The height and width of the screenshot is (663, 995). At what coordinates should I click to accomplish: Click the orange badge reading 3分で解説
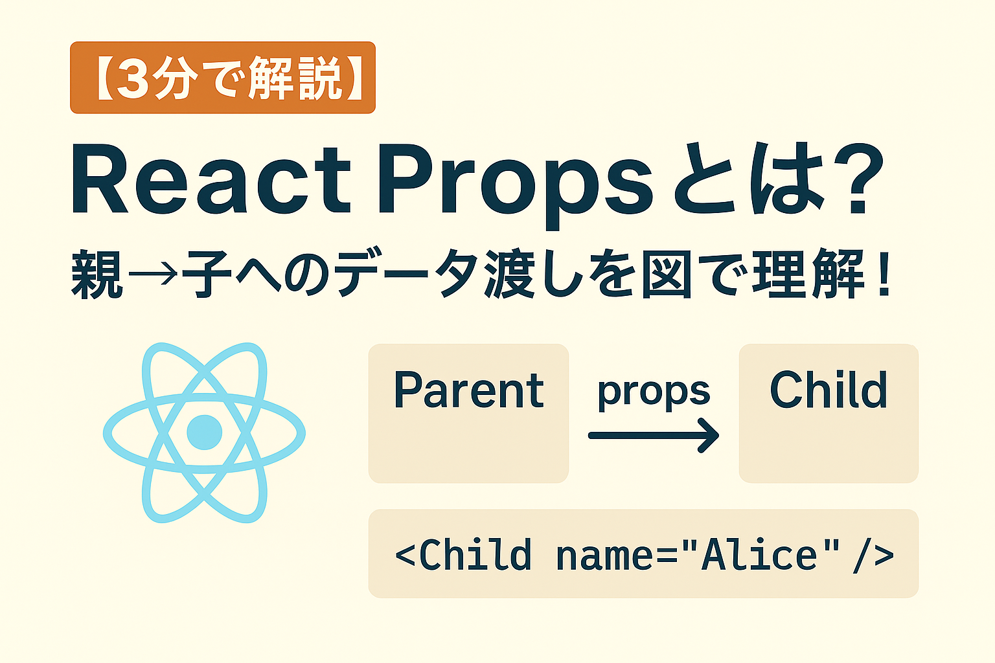222,78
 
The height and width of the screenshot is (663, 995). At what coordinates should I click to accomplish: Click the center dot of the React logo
204,433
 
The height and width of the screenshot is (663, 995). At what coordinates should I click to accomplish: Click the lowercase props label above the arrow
653,392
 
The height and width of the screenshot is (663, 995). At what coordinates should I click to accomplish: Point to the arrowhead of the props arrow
709,436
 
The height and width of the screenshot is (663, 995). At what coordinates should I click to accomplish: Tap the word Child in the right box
828,390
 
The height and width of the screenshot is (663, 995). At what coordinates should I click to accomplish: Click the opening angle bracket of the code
406,556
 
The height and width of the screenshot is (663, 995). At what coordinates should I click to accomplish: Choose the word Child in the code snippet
475,556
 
